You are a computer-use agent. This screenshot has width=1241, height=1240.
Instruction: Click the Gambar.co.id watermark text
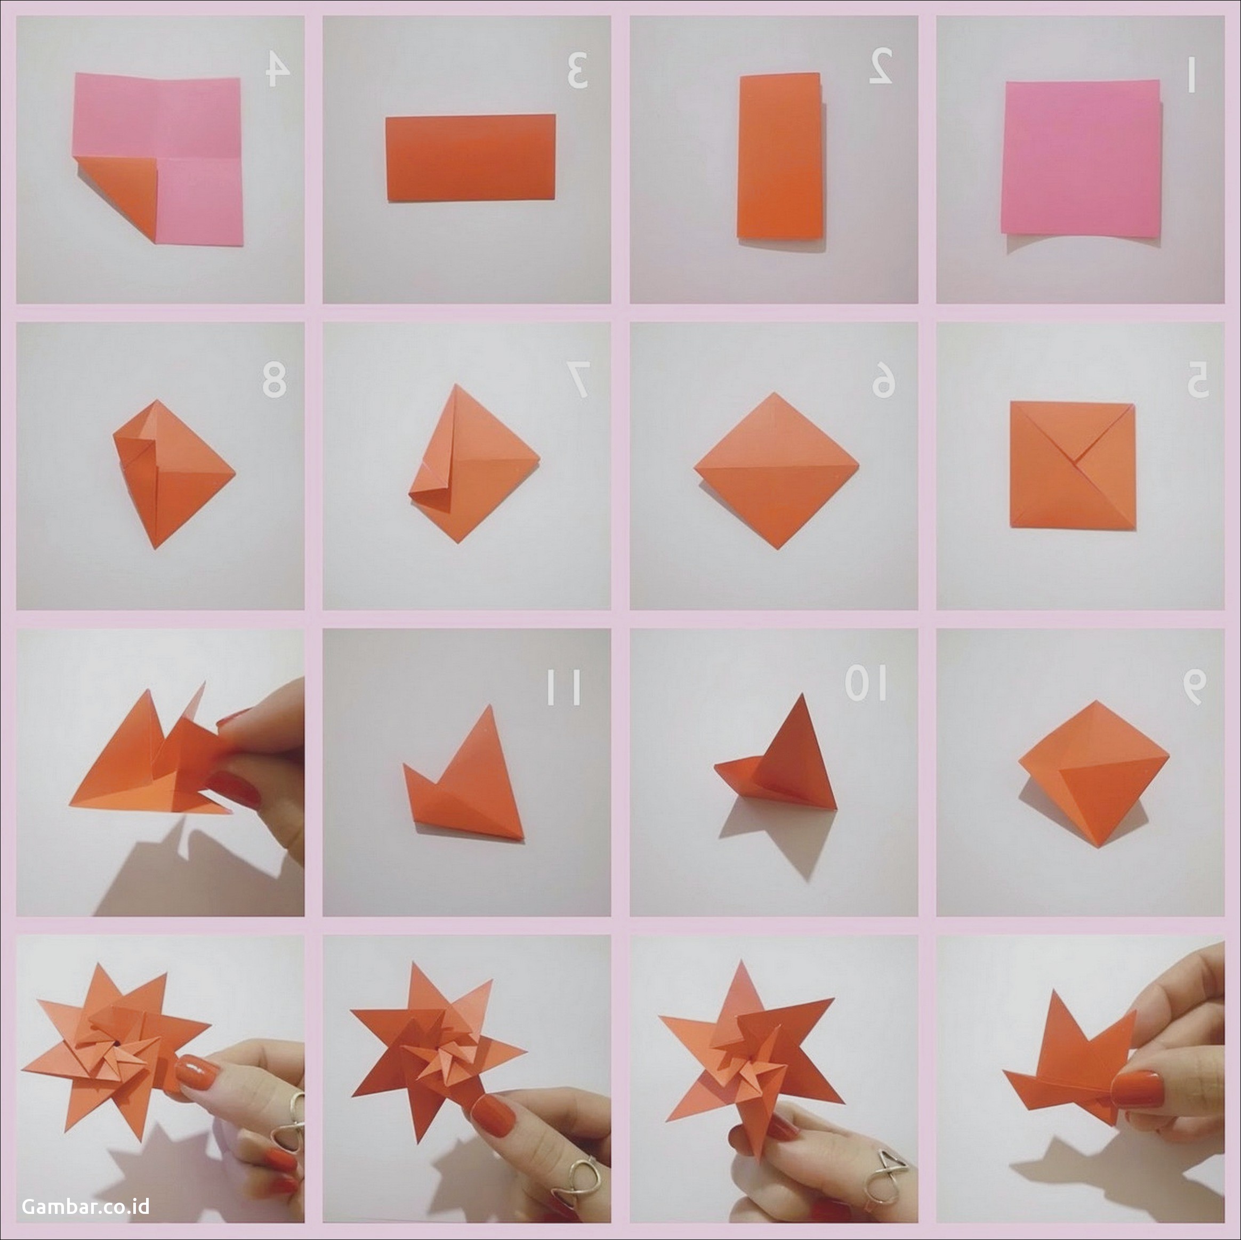[85, 1206]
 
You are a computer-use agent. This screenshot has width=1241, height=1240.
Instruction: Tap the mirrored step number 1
[1190, 75]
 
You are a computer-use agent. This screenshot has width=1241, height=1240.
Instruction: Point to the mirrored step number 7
[577, 380]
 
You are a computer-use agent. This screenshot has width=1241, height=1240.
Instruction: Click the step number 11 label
[563, 686]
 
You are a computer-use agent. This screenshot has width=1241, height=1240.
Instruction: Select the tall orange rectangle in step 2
[780, 157]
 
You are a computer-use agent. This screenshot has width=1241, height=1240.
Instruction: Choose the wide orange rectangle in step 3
[470, 158]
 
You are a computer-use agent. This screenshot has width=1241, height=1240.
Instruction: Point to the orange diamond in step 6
[777, 470]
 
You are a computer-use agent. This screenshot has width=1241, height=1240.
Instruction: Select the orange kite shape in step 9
[1093, 774]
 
